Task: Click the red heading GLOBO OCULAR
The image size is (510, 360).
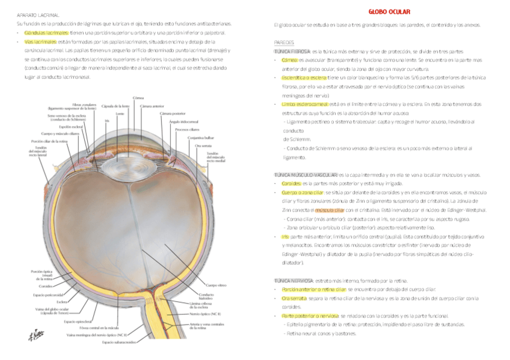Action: pyautogui.click(x=390, y=11)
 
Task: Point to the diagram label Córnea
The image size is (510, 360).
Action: pyautogui.click(x=138, y=97)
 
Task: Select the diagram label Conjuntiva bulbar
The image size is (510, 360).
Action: pyautogui.click(x=198, y=138)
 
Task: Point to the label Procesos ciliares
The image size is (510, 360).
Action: pyautogui.click(x=186, y=129)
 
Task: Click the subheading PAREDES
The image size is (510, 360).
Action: pyautogui.click(x=283, y=43)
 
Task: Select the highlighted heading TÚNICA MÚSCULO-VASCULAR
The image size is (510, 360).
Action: pyautogui.click(x=306, y=174)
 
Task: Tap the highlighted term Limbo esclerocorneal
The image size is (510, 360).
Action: pyautogui.click(x=296, y=104)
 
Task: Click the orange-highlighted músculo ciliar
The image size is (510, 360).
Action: pyautogui.click(x=329, y=211)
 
